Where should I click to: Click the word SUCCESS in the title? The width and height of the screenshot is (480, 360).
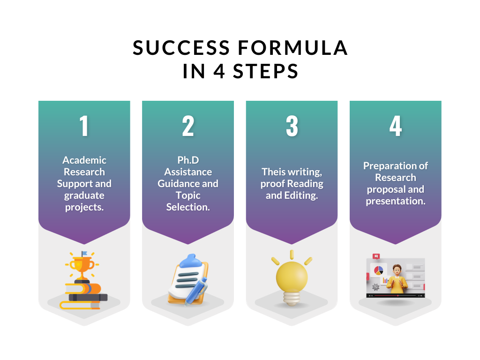tap(181, 48)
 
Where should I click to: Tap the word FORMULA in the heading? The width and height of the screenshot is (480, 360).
tap(293, 48)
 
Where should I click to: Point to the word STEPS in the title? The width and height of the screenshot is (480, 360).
tap(265, 71)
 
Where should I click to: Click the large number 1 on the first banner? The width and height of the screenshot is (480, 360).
tap(84, 126)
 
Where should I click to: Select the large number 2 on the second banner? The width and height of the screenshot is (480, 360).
tap(188, 126)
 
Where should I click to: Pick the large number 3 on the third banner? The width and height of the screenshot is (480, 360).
tap(292, 126)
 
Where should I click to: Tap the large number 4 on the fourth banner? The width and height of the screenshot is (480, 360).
tap(396, 126)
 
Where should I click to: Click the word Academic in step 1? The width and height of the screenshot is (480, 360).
tap(84, 160)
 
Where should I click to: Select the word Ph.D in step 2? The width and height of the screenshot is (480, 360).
tap(188, 160)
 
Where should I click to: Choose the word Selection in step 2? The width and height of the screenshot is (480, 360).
tap(188, 207)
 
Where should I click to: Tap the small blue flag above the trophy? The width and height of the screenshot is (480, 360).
tap(84, 253)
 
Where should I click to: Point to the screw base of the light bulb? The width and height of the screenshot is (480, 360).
tap(292, 298)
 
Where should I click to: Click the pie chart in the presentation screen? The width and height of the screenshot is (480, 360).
tap(379, 270)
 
